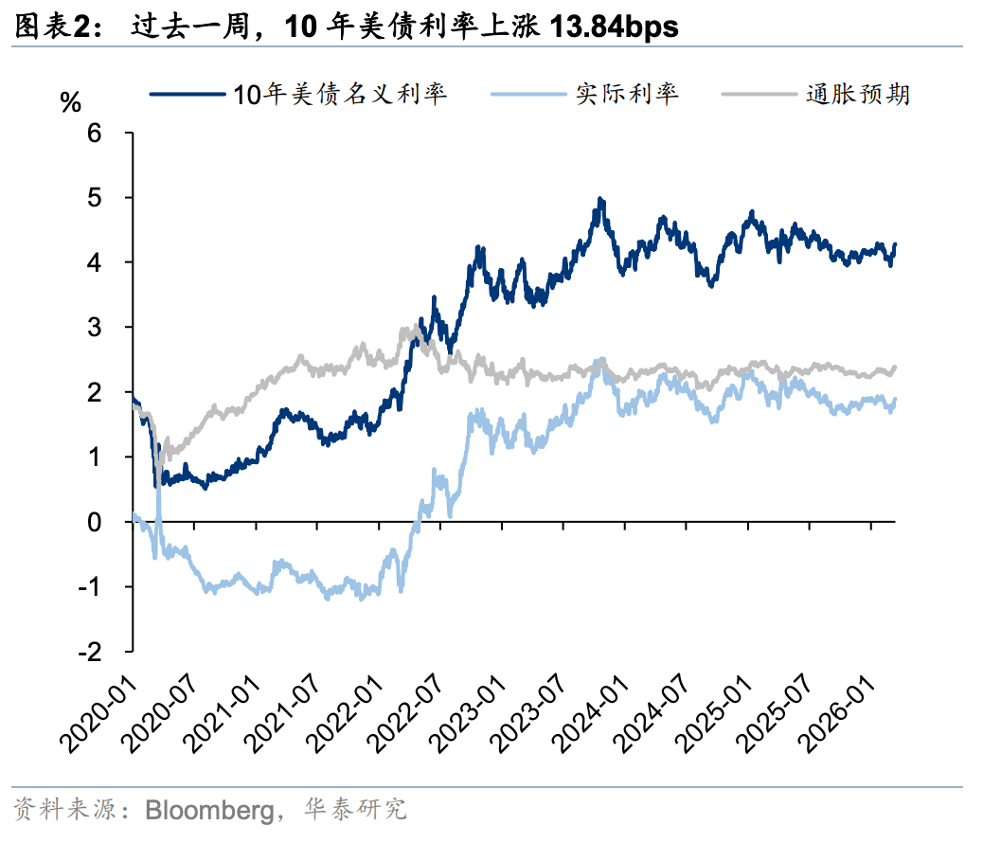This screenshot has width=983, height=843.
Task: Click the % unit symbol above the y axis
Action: coord(70,102)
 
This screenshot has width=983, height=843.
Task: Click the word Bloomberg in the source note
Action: coord(206,811)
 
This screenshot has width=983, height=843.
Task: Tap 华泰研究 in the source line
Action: coord(354,811)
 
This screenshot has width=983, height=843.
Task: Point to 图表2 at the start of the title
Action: coord(56,27)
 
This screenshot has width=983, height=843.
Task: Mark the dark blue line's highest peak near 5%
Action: coord(600,200)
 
